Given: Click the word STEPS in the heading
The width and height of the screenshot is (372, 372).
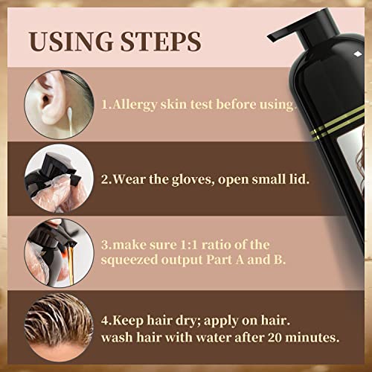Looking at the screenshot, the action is [161, 42].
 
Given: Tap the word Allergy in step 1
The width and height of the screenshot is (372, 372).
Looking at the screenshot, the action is [135, 105].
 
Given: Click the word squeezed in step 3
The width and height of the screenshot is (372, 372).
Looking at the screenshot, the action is [129, 260].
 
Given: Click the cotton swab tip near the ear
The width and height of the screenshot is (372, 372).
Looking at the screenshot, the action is [70, 110].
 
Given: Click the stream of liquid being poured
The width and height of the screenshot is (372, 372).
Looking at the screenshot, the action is [71, 263].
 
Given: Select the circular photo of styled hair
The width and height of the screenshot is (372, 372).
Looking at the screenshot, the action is [59, 327].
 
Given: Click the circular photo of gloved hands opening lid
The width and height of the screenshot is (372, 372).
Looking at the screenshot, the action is [59, 179].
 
